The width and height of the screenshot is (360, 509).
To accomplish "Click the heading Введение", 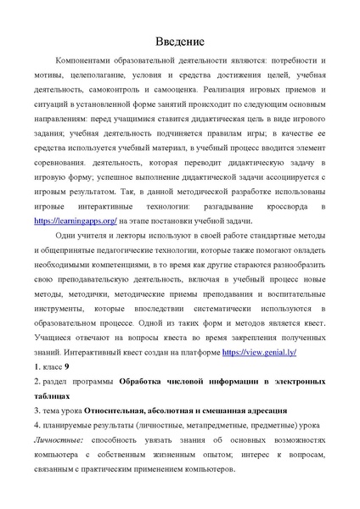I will (x=179, y=42).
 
